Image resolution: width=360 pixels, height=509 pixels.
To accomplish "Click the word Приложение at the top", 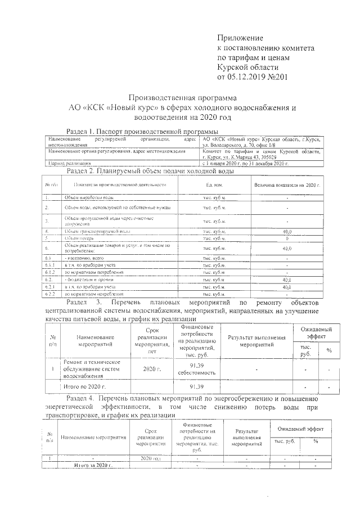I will coord(240,38).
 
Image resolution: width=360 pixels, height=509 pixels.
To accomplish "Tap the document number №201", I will coord(277,76).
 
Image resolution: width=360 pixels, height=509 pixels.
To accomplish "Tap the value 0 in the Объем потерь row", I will coord(287,238).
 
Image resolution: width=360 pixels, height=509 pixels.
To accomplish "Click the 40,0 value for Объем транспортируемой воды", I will coord(287,231).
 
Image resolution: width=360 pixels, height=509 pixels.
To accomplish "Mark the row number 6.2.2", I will coord(49,294).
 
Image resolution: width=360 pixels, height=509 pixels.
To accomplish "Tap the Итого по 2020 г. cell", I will coord(84,388).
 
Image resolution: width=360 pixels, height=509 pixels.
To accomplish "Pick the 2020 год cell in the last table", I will coord(150,459).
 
